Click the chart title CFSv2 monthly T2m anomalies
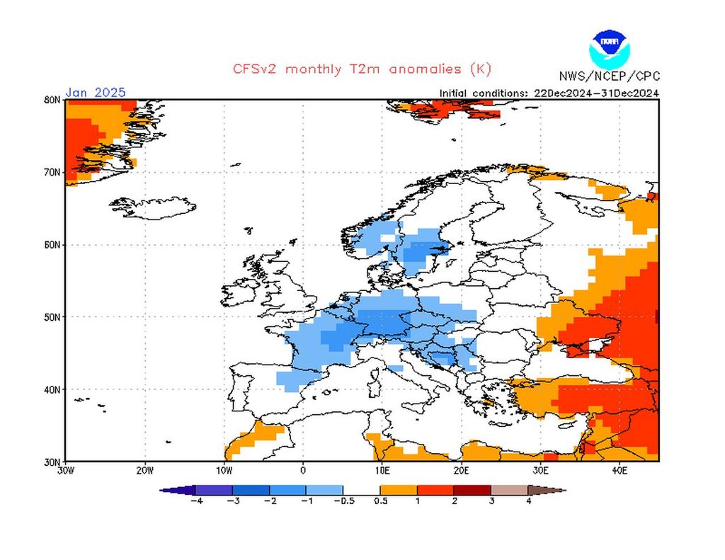click(361, 69)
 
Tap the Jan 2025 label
click(96, 92)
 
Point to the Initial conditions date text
click(549, 93)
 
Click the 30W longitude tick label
click(65, 469)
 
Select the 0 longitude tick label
click(303, 469)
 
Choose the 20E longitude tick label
click(461, 469)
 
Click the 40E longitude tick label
click(620, 469)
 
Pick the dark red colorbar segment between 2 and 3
click(472, 489)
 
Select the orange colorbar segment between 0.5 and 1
click(399, 489)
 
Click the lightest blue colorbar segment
click(324, 489)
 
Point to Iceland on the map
click(152, 207)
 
